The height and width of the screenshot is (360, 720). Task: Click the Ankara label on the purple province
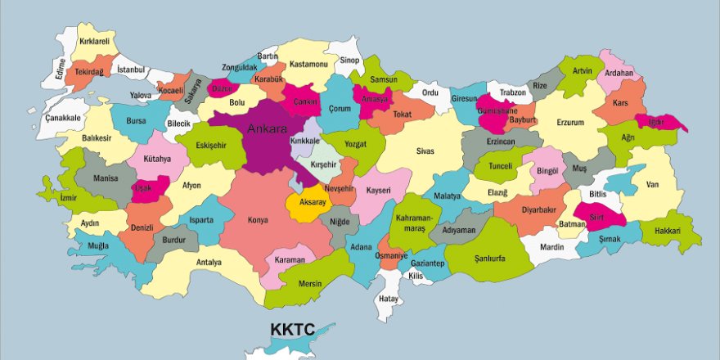267,129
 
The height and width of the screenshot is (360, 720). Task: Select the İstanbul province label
130,70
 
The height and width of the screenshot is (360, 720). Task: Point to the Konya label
258,219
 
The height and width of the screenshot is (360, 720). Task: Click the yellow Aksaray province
312,201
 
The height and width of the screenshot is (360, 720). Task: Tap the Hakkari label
668,232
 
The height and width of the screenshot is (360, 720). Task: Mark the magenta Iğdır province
660,122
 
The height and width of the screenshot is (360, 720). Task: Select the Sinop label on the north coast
349,60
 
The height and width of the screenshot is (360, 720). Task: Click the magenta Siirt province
601,215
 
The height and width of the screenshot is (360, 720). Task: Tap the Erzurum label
570,123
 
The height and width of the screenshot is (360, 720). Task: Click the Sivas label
425,151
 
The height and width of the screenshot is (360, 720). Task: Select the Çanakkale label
64,119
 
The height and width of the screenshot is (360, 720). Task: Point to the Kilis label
416,277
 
